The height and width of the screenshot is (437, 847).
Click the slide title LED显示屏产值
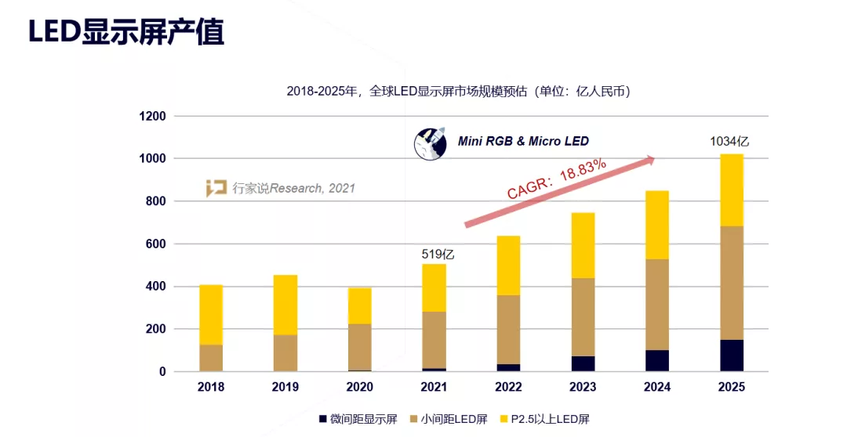pyautogui.click(x=126, y=32)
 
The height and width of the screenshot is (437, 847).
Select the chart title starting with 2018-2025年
pyautogui.click(x=459, y=91)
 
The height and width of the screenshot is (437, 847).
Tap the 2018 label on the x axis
pyautogui.click(x=210, y=387)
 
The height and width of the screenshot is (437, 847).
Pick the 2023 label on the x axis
pyautogui.click(x=582, y=387)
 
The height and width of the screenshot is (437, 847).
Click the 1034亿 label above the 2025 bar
pyautogui.click(x=729, y=142)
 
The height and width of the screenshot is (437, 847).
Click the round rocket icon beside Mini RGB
pyautogui.click(x=430, y=143)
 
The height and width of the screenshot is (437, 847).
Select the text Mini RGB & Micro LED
pyautogui.click(x=523, y=142)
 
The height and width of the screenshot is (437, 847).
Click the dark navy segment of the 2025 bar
pyautogui.click(x=731, y=356)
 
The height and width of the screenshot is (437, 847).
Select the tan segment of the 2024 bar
pyautogui.click(x=656, y=305)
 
